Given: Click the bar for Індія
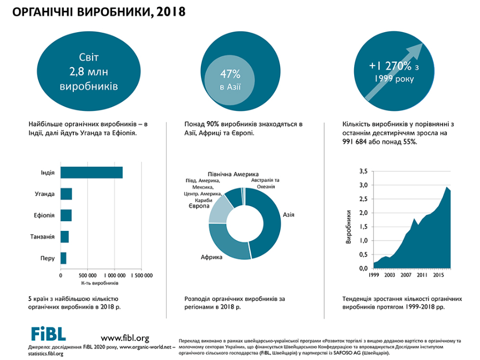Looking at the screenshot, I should (92, 172).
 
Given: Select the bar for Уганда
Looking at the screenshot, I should (66, 193).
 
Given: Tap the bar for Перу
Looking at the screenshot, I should (63, 258).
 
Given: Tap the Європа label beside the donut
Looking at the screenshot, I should (198, 206).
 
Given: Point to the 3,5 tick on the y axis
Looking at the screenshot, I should (363, 171).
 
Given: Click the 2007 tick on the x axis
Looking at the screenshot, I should (406, 275).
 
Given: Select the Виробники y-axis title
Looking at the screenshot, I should (349, 228).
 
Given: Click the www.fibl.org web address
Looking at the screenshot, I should (125, 337).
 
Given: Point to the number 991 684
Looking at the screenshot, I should (356, 142).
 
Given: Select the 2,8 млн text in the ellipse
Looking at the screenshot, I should (89, 71).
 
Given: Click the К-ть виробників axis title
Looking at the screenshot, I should (99, 283).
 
